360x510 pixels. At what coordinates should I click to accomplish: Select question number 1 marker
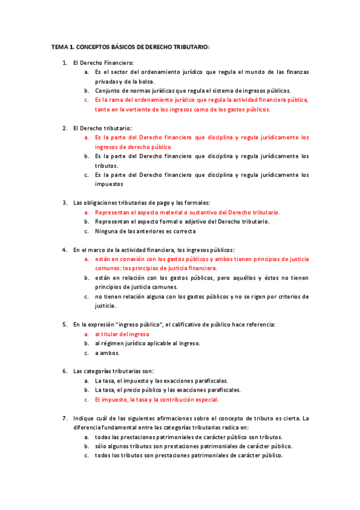pyautogui.click(x=65, y=62)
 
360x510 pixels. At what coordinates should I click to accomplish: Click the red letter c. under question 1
pyautogui.click(x=87, y=100)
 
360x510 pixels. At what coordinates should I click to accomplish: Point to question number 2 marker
pyautogui.click(x=65, y=128)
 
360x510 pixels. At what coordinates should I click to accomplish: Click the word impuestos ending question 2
pyautogui.click(x=109, y=185)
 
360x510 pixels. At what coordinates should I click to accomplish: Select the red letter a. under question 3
pyautogui.click(x=87, y=212)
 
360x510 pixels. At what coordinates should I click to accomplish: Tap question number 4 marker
pyautogui.click(x=65, y=250)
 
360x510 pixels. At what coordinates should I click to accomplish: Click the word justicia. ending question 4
pyautogui.click(x=106, y=306)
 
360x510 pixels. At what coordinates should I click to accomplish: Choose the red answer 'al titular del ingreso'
pyautogui.click(x=122, y=334)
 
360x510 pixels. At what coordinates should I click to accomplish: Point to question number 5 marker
pyautogui.click(x=65, y=324)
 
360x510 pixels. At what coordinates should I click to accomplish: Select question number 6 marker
pyautogui.click(x=65, y=371)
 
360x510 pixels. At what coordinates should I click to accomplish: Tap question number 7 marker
pyautogui.click(x=65, y=418)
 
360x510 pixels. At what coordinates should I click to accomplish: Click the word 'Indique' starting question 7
pyautogui.click(x=84, y=418)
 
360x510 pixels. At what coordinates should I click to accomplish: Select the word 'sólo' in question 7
pyautogui.click(x=101, y=446)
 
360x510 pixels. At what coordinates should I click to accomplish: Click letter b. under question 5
pyautogui.click(x=87, y=343)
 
